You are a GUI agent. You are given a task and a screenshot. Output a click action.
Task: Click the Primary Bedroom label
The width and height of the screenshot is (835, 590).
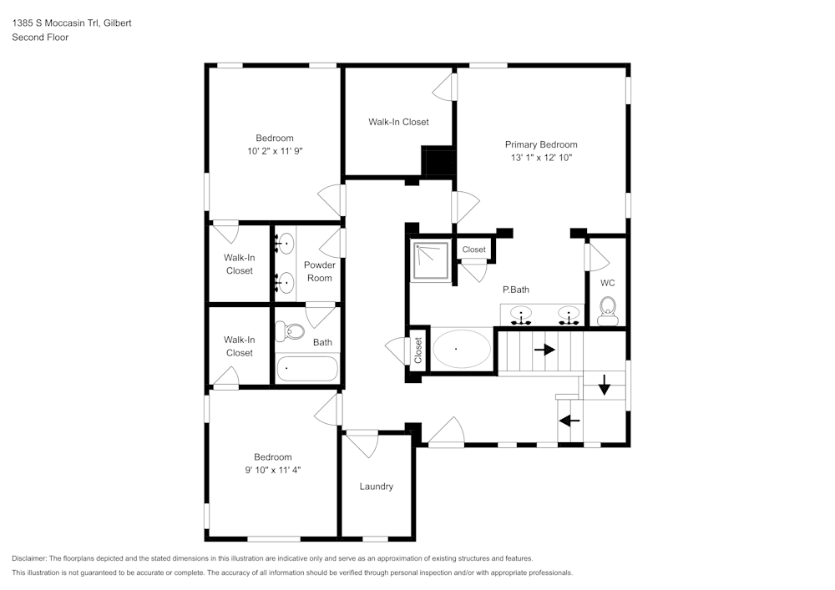point(541,144)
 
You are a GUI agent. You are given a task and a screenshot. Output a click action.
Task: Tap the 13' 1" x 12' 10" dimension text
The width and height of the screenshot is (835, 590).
point(541,158)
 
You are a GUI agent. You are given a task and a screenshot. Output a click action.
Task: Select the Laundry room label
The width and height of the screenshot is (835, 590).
point(376,487)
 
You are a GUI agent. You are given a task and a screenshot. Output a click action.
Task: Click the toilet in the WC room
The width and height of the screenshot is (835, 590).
point(608,310)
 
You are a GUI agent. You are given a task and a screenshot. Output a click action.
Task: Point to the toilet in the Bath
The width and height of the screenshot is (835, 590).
point(290,332)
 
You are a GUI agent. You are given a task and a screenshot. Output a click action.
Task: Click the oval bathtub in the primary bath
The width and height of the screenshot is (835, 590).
point(462,349)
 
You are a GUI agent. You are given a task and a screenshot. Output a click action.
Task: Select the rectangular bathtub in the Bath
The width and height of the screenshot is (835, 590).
point(306,369)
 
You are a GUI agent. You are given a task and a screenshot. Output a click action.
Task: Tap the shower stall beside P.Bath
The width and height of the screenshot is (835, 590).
point(431,260)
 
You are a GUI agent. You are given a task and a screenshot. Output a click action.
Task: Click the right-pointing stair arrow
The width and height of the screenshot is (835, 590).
point(544,350)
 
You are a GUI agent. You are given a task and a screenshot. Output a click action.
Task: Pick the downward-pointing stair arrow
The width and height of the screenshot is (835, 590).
point(604,385)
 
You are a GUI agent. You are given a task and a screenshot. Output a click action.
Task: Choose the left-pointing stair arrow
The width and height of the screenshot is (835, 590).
point(569,421)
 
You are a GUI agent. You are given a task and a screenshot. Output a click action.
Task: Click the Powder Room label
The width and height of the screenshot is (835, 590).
point(320,271)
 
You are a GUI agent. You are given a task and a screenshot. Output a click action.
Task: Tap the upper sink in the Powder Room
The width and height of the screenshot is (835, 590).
point(286,244)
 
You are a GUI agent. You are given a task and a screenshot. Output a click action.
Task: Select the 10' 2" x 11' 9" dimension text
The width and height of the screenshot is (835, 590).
point(275,151)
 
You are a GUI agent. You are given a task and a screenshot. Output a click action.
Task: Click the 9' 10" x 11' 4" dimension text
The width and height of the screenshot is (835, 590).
point(273,471)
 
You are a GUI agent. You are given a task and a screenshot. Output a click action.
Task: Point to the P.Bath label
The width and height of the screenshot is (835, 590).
point(516,290)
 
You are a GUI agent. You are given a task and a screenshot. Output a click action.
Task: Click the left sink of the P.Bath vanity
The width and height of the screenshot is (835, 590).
point(521,315)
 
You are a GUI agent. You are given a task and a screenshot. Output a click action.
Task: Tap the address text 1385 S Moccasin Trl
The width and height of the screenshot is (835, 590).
point(55,23)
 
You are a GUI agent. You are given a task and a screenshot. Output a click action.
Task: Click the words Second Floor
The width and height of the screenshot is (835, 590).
point(40,38)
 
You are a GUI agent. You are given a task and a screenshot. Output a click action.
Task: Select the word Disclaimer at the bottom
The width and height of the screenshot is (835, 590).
point(29,558)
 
